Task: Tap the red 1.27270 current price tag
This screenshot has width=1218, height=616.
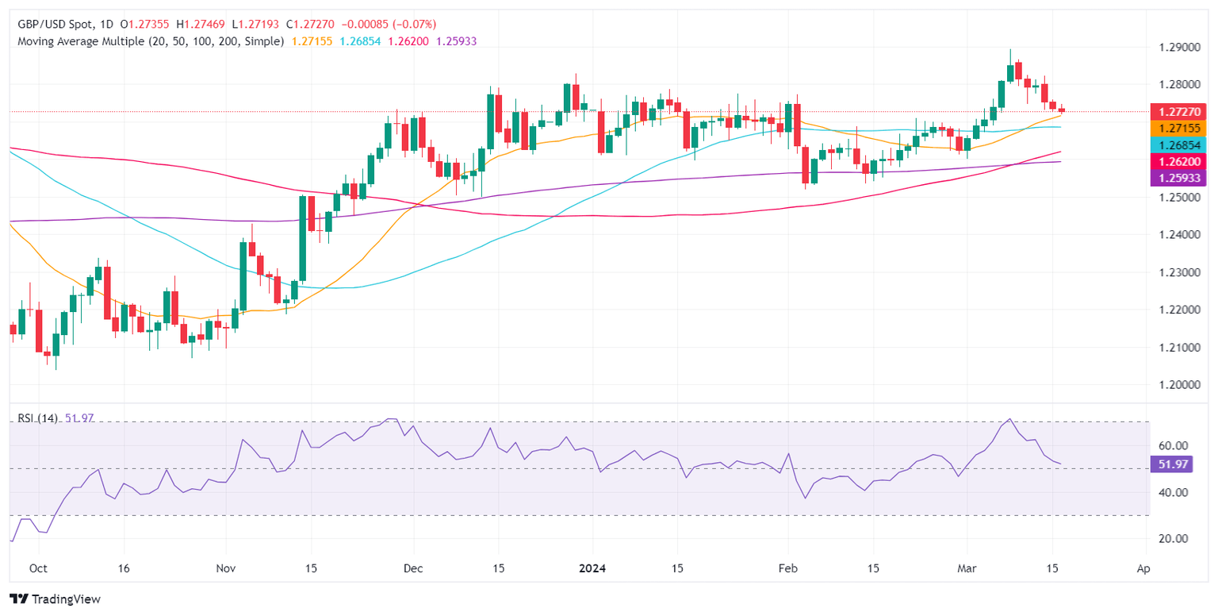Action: click(x=1177, y=112)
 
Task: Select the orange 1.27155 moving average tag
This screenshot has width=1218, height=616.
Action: click(x=1177, y=128)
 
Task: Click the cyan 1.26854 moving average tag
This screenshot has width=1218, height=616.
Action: click(x=1177, y=144)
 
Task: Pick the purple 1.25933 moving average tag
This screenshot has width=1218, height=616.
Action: click(x=1177, y=178)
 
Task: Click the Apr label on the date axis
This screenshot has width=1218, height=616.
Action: click(x=1143, y=569)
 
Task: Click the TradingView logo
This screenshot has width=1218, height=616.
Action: click(x=55, y=599)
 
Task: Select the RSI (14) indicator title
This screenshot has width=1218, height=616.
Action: click(x=37, y=418)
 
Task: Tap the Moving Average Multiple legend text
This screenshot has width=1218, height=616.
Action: click(x=151, y=40)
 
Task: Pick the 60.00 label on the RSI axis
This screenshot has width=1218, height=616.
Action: click(x=1170, y=445)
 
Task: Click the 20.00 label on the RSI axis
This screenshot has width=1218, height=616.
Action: click(x=1170, y=538)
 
